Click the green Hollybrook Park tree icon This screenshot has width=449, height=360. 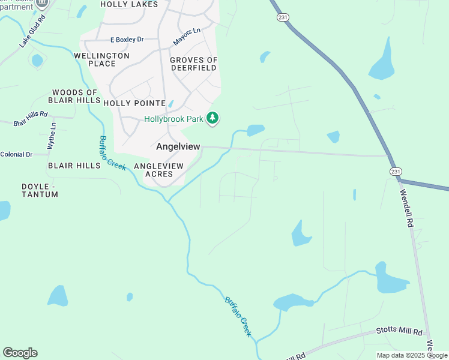[212, 119]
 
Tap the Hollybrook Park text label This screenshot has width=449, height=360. [174, 119]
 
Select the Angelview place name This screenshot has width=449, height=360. [178, 146]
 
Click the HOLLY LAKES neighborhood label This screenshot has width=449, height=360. [129, 4]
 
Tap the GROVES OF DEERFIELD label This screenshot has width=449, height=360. [193, 64]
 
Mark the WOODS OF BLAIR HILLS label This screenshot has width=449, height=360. [75, 96]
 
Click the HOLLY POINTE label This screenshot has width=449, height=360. [134, 103]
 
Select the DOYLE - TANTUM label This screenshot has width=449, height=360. [39, 191]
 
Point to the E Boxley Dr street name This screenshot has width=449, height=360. [127, 40]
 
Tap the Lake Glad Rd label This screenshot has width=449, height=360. [32, 32]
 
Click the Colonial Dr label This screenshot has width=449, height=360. [16, 154]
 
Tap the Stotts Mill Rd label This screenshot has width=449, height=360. [399, 331]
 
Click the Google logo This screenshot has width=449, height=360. [20, 353]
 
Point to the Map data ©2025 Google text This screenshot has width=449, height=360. [412, 355]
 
